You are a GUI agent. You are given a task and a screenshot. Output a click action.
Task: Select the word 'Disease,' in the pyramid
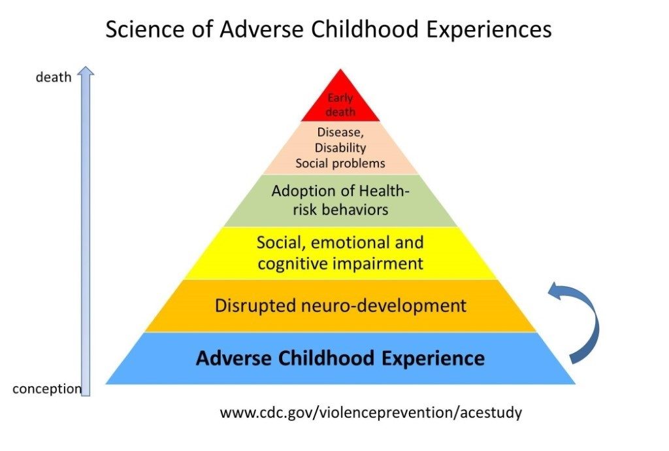click(340, 133)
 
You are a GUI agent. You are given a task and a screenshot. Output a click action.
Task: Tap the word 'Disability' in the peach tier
click(340, 148)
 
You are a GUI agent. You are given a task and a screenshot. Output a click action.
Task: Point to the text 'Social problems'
click(340, 163)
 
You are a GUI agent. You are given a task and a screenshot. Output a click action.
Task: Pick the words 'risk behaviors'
click(340, 210)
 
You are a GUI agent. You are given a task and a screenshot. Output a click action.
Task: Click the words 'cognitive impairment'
click(340, 263)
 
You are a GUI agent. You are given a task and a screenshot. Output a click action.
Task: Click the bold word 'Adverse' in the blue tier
click(235, 358)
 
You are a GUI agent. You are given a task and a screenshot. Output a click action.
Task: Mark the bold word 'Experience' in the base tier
click(433, 358)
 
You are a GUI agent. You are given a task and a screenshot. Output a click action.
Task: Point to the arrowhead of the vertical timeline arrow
click(86, 71)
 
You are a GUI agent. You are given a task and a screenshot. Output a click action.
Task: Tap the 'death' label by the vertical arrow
click(54, 77)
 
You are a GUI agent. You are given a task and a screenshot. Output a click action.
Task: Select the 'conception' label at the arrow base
click(47, 389)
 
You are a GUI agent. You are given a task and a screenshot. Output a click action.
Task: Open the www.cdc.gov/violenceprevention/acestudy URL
click(371, 413)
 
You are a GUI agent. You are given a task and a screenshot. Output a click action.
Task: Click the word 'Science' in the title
click(145, 30)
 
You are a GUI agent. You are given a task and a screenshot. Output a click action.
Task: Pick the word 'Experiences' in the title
click(489, 30)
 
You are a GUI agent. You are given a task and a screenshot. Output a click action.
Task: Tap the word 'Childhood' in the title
click(365, 30)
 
